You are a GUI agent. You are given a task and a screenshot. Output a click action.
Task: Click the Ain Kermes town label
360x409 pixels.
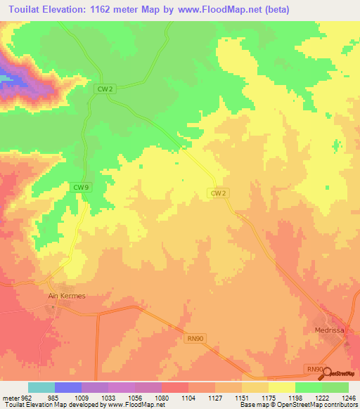(66, 296)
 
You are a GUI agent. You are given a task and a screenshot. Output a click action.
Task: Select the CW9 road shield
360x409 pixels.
(81, 188)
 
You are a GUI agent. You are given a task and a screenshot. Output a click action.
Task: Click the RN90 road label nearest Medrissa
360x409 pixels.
(314, 369)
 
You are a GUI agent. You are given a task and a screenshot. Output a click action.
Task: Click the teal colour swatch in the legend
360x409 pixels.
(41, 387)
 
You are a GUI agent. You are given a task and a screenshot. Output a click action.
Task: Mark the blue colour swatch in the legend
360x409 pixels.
(68, 387)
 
